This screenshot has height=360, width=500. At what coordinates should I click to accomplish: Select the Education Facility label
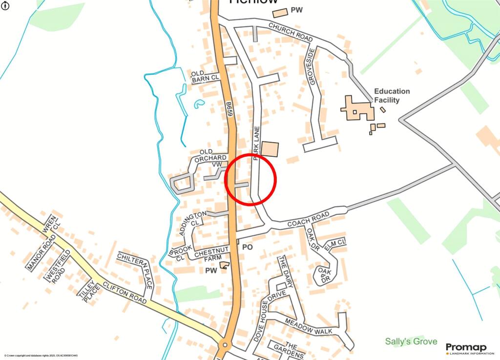click(392, 96)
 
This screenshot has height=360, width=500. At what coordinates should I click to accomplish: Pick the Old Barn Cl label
click(206, 75)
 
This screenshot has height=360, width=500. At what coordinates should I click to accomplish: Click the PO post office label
click(248, 247)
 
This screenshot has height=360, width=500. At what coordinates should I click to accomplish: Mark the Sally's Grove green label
click(411, 341)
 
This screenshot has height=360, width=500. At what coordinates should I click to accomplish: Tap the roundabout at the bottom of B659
click(225, 345)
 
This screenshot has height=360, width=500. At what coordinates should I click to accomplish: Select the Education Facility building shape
click(358, 108)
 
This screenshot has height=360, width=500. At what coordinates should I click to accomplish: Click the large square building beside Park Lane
click(270, 149)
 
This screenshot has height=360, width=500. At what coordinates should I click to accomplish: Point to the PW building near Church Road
click(280, 13)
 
